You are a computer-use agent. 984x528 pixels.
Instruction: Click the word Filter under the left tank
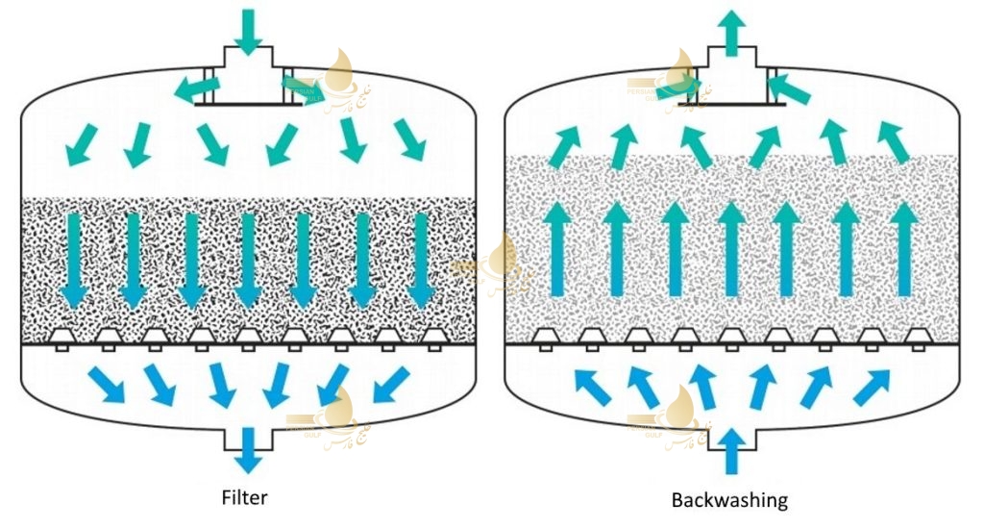tap(244, 497)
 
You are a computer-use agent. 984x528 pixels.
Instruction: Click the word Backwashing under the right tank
tap(729, 500)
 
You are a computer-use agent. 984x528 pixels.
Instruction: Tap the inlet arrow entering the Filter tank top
tap(248, 29)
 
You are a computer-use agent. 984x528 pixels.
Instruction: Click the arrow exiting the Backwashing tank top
tap(731, 29)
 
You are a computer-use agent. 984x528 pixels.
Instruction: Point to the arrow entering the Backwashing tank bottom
tap(731, 450)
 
